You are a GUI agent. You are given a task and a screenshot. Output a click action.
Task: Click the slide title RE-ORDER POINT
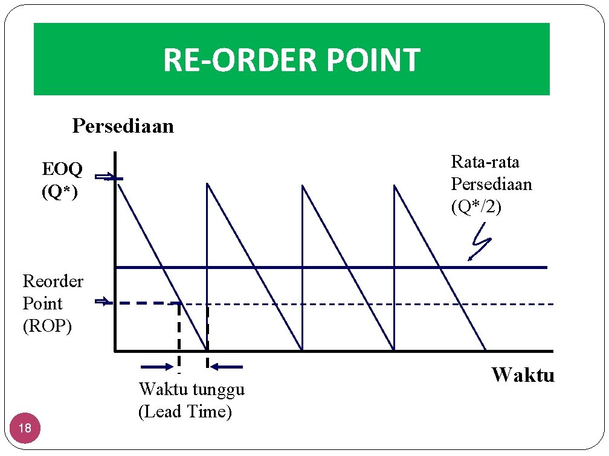pos(291,60)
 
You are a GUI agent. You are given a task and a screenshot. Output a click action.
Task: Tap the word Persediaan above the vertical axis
pos(123,126)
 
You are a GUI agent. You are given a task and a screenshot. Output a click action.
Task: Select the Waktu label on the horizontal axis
pos(523,375)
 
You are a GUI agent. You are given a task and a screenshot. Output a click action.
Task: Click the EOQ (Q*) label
pos(62,180)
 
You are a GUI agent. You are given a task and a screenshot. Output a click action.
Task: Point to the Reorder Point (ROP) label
pos(53,303)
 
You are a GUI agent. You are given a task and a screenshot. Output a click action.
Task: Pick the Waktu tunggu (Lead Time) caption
pos(192,401)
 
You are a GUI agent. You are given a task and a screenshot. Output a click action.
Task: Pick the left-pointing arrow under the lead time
pos(228,366)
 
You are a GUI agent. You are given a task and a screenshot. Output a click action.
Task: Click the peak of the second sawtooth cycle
pos(207,184)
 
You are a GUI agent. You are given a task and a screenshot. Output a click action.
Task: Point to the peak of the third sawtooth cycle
pos(302,185)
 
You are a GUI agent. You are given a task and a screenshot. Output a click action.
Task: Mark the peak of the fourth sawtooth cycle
pos(394,185)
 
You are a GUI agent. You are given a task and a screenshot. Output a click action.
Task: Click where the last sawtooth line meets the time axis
pos(486,350)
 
